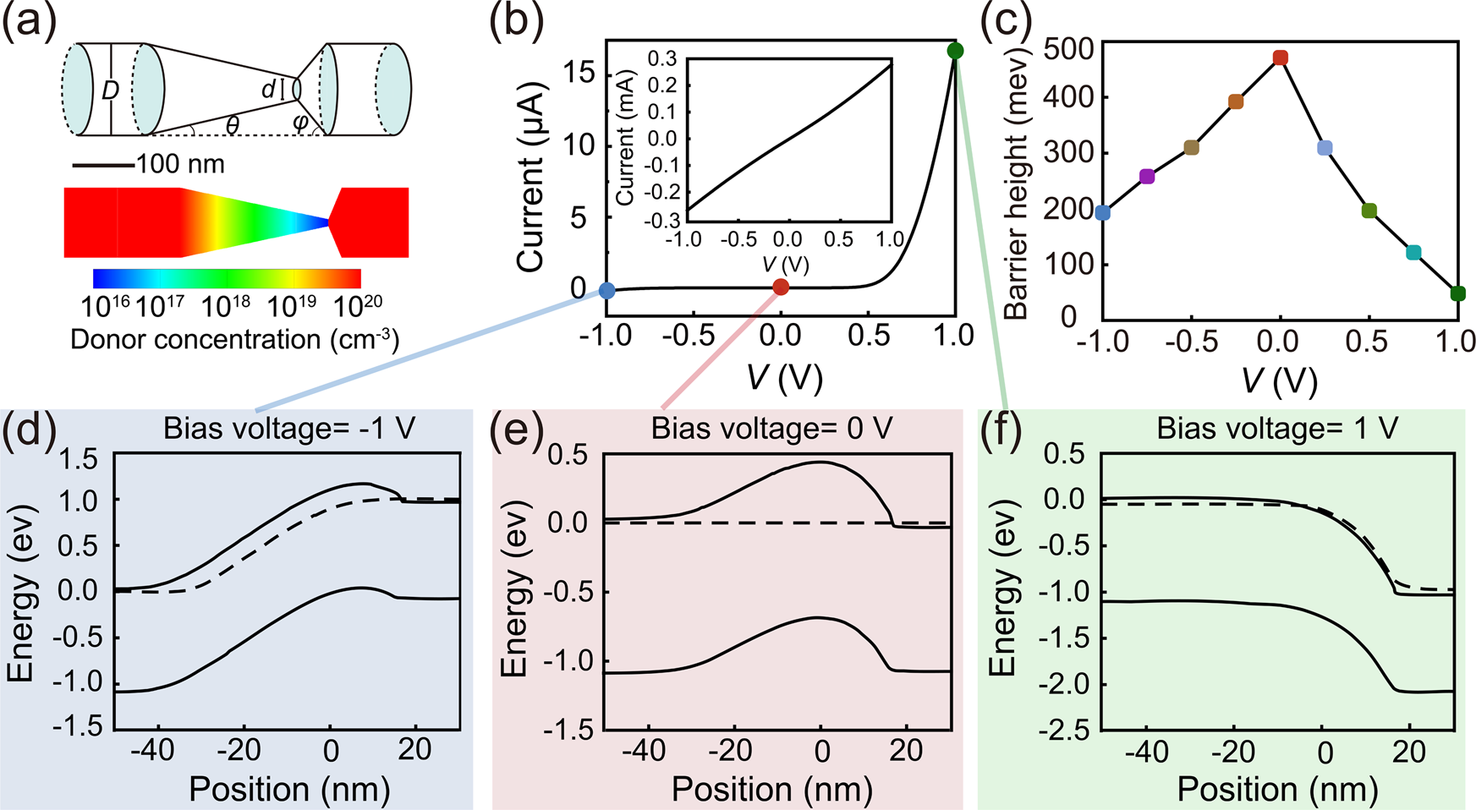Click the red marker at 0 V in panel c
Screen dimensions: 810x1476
coord(1280,58)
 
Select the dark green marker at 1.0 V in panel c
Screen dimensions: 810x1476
coord(1457,293)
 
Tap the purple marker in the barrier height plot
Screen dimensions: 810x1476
coord(1147,177)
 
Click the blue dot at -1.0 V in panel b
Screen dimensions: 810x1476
coord(606,291)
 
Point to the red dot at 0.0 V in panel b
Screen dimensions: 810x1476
coord(781,287)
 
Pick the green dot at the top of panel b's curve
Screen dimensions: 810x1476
coord(955,51)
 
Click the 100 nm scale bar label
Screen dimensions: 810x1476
coord(180,163)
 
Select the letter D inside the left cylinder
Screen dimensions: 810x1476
coord(111,90)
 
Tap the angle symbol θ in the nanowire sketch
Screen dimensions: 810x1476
coord(232,125)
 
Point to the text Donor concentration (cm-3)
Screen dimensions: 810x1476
coord(234,340)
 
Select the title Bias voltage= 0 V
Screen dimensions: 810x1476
coord(771,429)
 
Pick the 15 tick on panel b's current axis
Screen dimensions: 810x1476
coord(579,74)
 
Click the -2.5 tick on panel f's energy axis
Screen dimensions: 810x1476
coord(1063,731)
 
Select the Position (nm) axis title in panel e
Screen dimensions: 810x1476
coord(771,789)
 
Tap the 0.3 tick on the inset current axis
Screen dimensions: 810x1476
coord(662,58)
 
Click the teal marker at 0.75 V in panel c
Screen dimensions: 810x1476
coord(1413,253)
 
